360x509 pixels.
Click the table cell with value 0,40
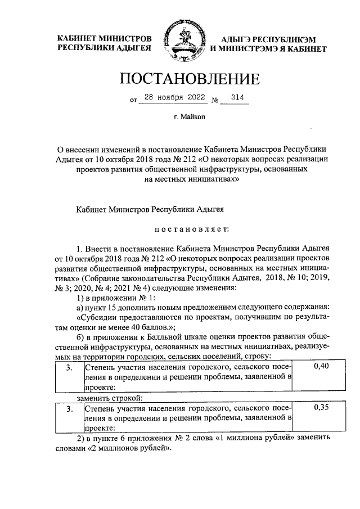point(320,367)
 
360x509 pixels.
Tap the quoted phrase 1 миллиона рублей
point(252,438)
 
